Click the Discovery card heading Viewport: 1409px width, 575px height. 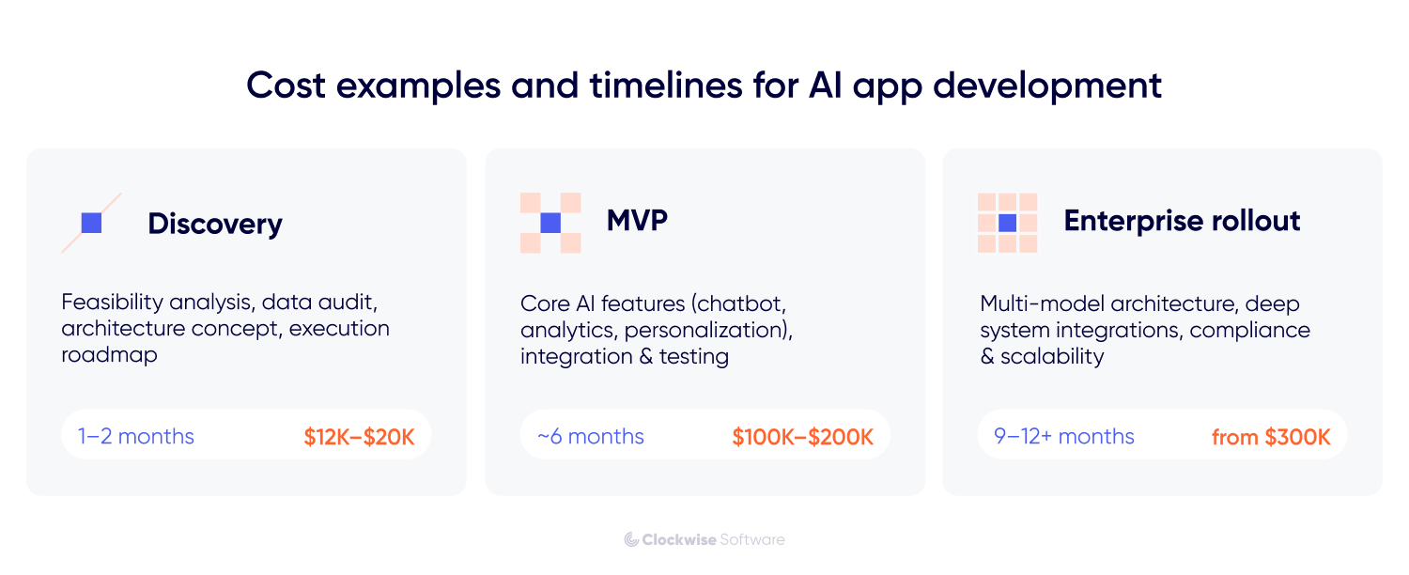[x=214, y=224]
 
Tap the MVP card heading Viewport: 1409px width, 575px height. [x=637, y=221]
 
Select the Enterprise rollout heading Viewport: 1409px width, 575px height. [x=1182, y=221]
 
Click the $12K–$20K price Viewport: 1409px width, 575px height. [x=359, y=437]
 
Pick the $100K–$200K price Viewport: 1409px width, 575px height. [x=802, y=437]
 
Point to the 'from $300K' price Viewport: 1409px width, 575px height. [x=1270, y=437]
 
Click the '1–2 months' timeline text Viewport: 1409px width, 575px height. [x=136, y=437]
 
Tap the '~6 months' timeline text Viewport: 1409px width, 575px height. [x=591, y=437]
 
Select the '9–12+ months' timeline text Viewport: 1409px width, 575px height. [x=1064, y=437]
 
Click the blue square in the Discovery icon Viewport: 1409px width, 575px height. [x=91, y=223]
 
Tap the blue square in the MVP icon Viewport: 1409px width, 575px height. [x=550, y=223]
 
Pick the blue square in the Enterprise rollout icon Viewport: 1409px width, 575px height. [x=1008, y=223]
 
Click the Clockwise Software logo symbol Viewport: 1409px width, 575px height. [x=631, y=539]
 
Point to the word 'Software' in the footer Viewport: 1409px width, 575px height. [x=752, y=539]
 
